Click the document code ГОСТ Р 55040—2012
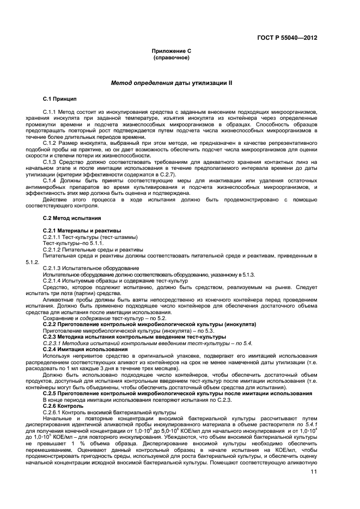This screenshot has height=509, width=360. click(287, 38)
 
